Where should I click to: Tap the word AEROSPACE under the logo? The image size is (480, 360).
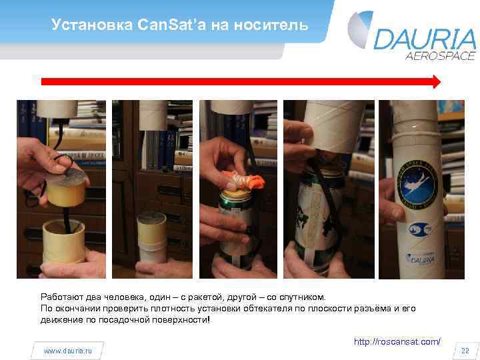(x=440, y=57)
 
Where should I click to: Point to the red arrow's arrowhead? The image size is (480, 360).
(x=435, y=82)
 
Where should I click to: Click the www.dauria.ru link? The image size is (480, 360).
(x=68, y=350)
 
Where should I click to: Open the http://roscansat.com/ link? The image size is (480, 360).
(x=397, y=341)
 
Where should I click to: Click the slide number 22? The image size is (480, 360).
(x=465, y=350)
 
